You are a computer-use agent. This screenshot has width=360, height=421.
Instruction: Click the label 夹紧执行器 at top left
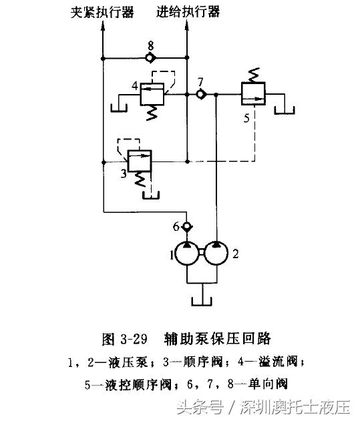103,12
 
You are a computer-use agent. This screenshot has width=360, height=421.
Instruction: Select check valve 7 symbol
200,95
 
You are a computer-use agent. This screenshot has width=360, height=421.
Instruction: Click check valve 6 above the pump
187,228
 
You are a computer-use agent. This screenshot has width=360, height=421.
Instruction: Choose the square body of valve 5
254,94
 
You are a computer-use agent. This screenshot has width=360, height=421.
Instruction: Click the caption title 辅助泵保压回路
220,338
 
